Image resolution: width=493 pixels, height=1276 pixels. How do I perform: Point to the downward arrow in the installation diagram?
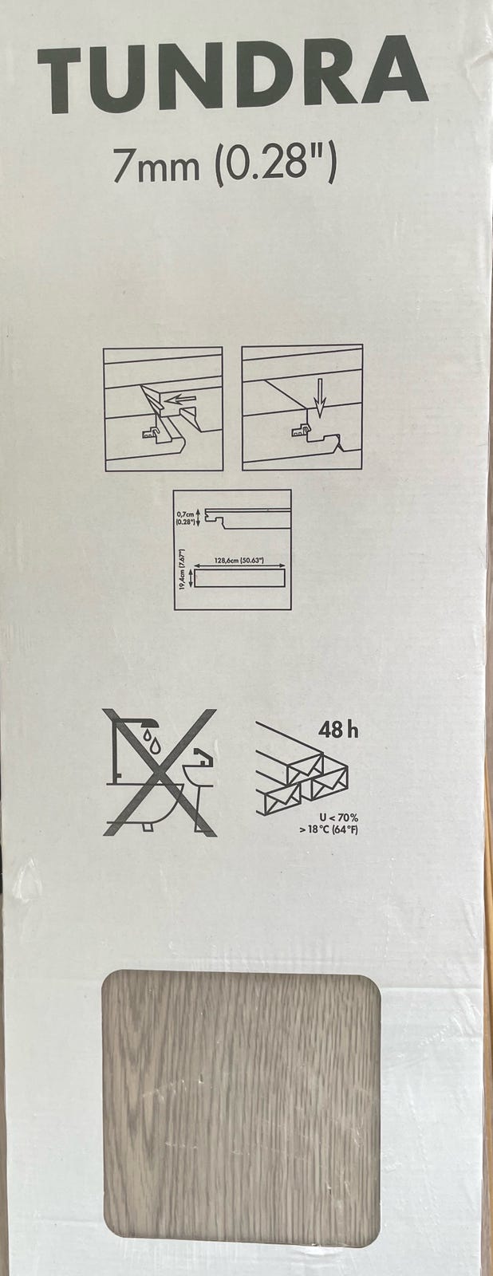point(320,394)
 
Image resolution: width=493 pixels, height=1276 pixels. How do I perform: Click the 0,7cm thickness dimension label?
point(185,518)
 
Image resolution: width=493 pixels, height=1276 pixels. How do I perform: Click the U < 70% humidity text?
point(338,818)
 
